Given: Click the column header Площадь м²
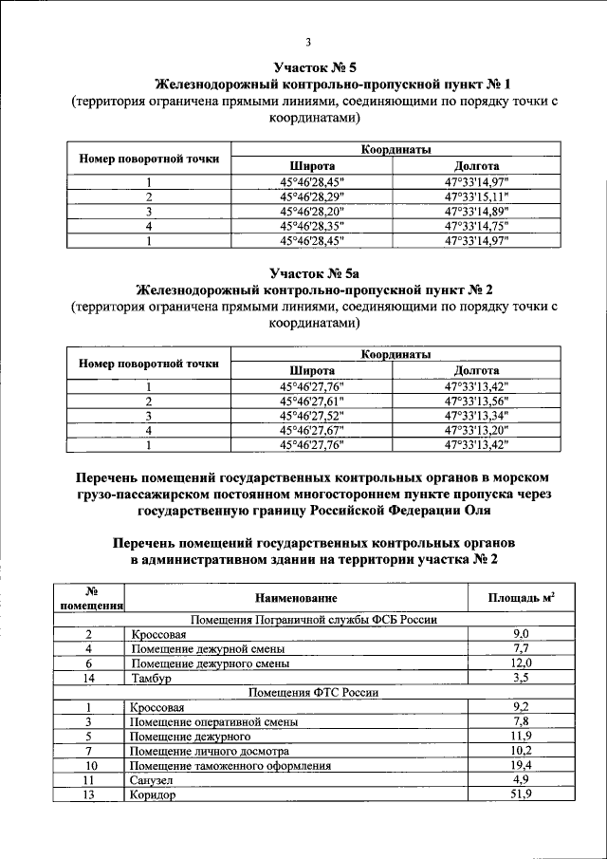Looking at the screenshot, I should coord(521,598).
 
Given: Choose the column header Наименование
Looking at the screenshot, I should coord(295,598).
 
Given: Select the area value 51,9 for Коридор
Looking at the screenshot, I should coord(521,794).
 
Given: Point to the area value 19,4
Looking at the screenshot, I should coord(521,765).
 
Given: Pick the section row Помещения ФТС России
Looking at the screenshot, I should coord(313,693).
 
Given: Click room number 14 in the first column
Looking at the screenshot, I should coord(88,679).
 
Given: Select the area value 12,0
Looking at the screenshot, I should coord(521,663).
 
